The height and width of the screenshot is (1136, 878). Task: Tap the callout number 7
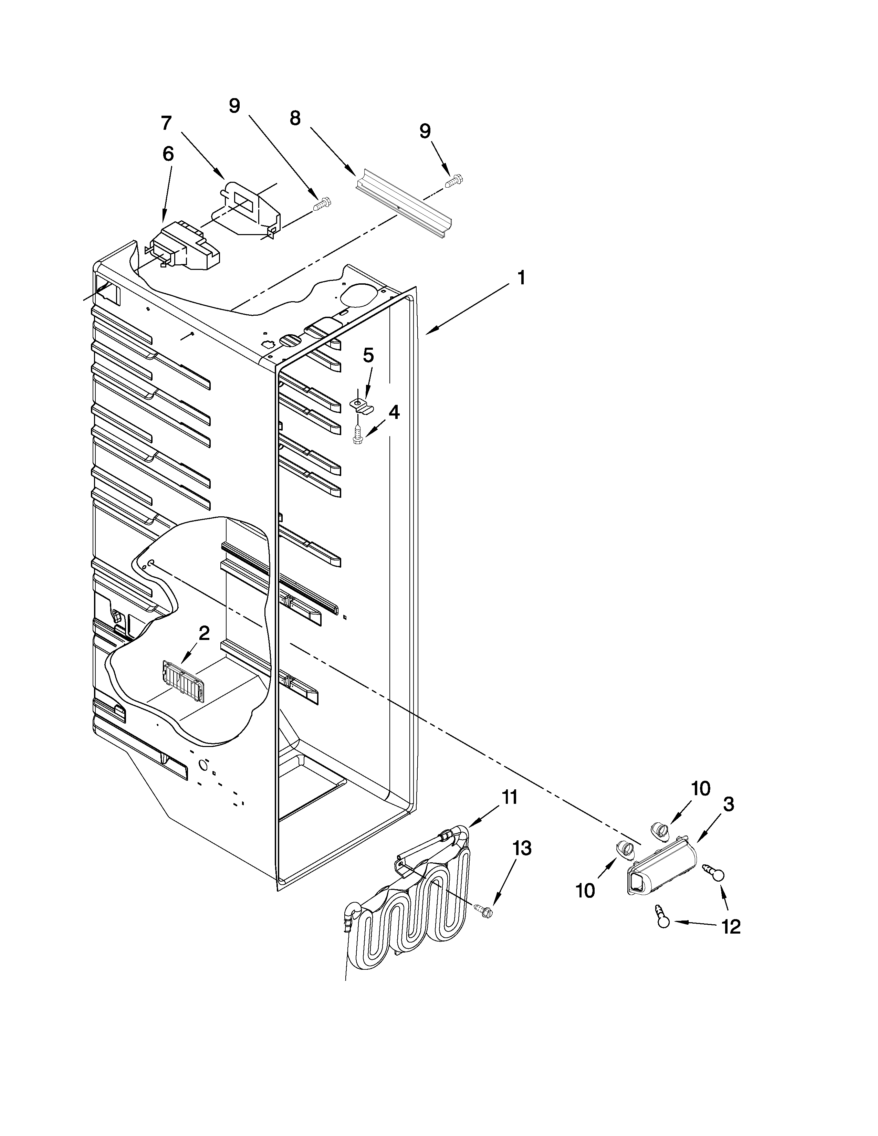pyautogui.click(x=166, y=123)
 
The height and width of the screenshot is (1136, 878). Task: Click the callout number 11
pyautogui.click(x=509, y=797)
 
